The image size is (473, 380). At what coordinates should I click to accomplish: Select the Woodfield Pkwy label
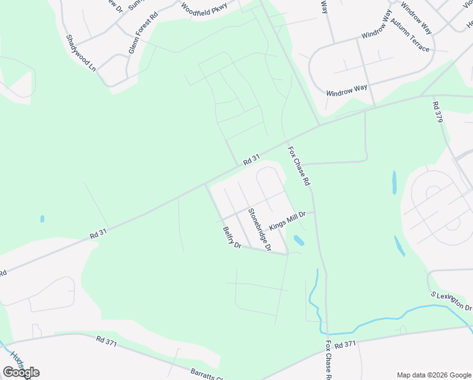point(203,8)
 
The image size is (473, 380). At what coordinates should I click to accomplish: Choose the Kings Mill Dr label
point(287,221)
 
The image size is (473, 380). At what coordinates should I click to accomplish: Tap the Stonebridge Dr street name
point(259,229)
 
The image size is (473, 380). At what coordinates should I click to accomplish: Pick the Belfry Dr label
point(232,238)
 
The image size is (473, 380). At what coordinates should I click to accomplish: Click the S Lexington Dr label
point(451,301)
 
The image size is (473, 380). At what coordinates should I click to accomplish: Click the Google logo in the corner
point(21,372)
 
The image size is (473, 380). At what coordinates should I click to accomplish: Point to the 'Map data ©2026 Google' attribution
point(433,375)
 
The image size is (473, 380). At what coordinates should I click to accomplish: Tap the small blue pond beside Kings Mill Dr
point(298,241)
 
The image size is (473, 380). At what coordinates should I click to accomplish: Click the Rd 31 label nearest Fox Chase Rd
point(252,161)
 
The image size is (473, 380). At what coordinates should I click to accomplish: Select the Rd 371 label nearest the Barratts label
point(107,340)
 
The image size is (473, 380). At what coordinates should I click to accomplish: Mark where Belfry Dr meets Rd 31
point(205,184)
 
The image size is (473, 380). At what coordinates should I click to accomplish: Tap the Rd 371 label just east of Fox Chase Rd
point(347,345)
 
